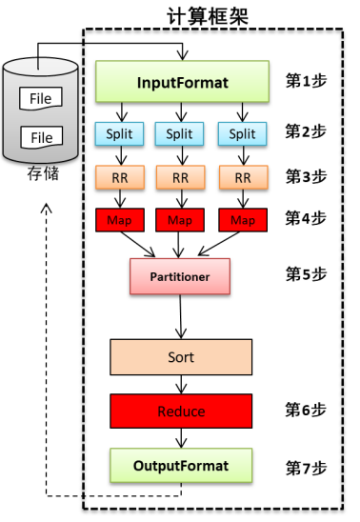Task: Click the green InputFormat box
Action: click(183, 82)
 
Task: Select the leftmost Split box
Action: click(119, 134)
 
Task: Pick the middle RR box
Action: click(181, 177)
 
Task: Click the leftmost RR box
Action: click(119, 177)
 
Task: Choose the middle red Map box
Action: click(181, 220)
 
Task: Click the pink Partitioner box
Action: click(181, 276)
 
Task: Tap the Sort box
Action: click(181, 357)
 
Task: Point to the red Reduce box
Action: click(181, 412)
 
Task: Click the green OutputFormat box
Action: click(181, 466)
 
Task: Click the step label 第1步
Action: click(306, 81)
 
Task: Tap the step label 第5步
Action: click(306, 274)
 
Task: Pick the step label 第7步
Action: click(306, 467)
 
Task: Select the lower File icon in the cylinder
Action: click(41, 137)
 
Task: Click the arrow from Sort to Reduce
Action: click(181, 385)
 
